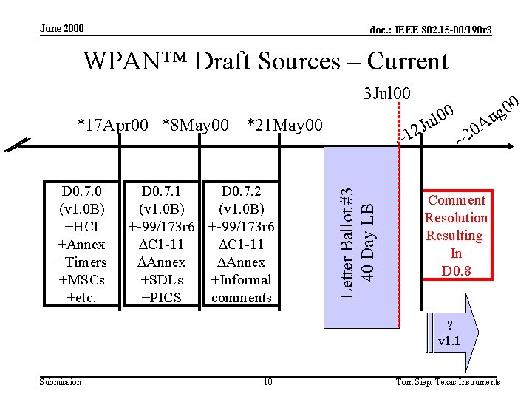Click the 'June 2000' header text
pos(62,29)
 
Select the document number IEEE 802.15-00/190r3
pos(431,30)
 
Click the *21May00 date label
pos(284,126)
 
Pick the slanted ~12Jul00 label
pos(426,123)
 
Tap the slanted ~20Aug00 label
pos(488,118)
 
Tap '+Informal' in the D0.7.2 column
pos(241,280)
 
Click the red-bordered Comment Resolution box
pos(456,236)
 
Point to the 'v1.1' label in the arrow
pos(448,341)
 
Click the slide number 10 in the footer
pos(267,382)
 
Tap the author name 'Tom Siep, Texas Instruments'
pos(448,382)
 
